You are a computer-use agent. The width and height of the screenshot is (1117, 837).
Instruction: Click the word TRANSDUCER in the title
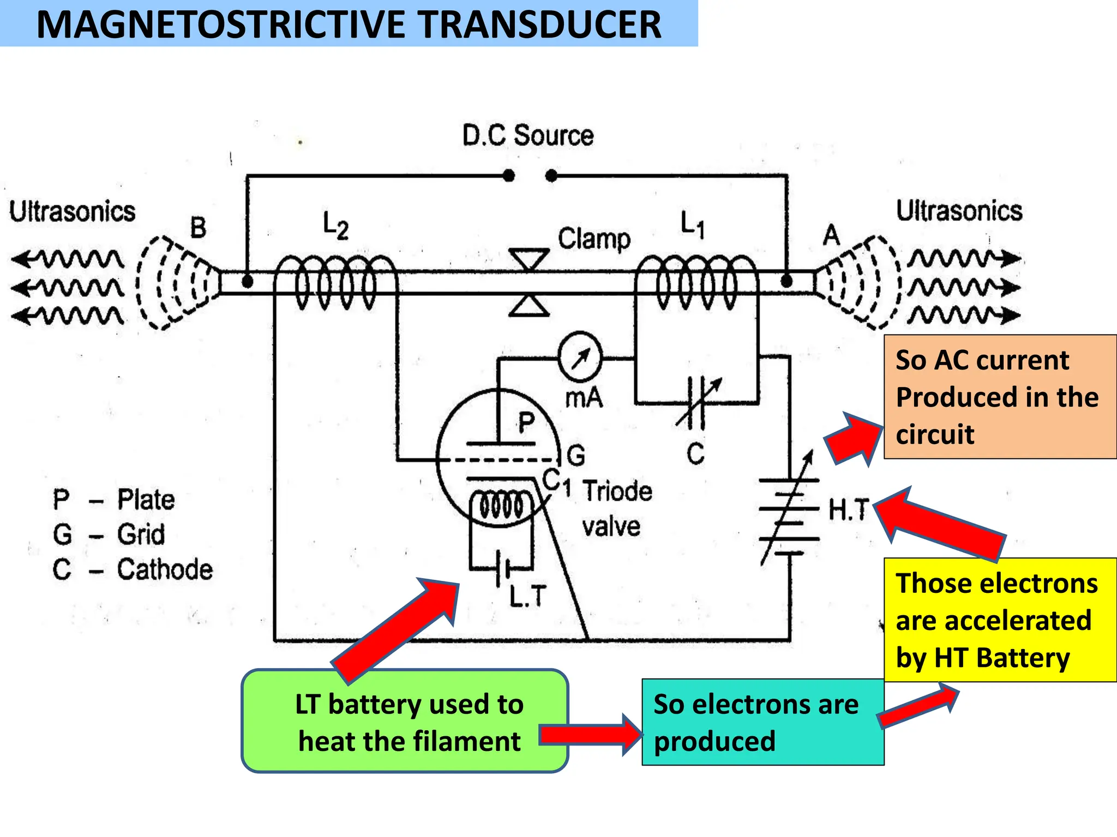(540, 25)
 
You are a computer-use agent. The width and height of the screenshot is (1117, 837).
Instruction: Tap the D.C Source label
(527, 136)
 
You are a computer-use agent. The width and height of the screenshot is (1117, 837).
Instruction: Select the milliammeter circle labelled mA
(580, 358)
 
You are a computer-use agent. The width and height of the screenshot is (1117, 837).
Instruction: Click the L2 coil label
(335, 225)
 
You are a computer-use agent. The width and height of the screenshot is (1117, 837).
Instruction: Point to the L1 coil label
(692, 224)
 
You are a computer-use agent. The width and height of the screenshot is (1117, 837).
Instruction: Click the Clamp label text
(594, 239)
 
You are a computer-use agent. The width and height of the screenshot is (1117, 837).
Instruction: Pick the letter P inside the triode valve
(526, 422)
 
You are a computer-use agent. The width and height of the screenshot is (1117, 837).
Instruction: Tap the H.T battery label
(848, 510)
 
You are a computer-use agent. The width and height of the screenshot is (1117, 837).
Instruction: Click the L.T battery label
(527, 596)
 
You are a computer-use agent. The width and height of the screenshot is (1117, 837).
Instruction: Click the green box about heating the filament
(405, 721)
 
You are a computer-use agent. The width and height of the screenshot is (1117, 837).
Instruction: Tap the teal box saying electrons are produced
(762, 722)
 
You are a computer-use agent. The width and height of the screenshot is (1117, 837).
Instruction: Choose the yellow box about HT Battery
(1000, 620)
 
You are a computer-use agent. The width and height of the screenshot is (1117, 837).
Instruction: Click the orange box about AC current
(1000, 397)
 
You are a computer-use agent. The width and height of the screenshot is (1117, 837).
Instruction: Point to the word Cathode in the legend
(165, 569)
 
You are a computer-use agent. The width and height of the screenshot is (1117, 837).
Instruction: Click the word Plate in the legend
(146, 500)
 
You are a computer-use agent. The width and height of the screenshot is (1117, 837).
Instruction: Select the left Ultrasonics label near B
(72, 211)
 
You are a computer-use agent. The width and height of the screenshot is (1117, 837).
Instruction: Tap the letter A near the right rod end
(831, 235)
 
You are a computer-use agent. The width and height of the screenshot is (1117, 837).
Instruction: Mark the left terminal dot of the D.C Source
(508, 175)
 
